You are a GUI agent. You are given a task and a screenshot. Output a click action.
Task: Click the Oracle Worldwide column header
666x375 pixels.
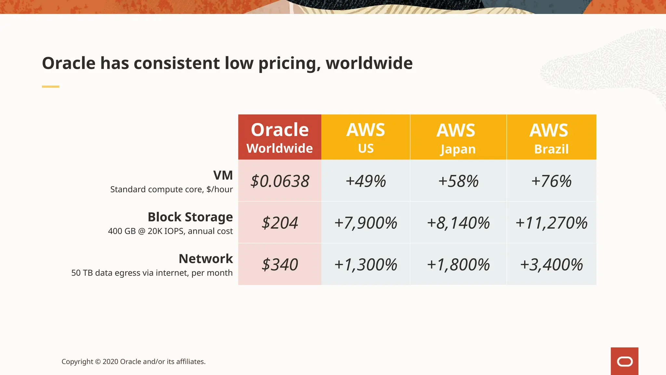280,137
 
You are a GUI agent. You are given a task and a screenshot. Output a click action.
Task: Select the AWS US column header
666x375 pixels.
366,137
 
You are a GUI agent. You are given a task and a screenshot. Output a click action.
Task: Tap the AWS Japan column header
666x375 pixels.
458,137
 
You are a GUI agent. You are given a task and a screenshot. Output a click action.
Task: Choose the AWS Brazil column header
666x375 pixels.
551,137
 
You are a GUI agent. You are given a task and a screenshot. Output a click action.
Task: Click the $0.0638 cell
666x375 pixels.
280,181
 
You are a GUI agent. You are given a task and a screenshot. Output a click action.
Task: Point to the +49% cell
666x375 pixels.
366,181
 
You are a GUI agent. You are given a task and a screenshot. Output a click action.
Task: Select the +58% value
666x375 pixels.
458,181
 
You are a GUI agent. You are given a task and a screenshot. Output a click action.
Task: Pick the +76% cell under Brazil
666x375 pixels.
551,181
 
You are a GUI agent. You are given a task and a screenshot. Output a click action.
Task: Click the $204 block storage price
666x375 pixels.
280,223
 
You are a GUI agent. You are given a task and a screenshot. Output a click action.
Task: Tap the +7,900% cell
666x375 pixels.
366,223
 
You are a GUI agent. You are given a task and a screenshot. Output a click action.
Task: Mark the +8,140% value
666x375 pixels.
458,223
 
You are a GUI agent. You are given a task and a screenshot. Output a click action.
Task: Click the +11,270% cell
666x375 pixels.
551,223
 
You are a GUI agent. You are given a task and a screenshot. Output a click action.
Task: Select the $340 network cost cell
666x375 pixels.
280,264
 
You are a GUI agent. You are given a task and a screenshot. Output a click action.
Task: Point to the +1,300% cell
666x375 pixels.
366,264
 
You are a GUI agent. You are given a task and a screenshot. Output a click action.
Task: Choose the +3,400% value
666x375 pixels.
551,264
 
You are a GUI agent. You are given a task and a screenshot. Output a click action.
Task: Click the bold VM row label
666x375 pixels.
223,175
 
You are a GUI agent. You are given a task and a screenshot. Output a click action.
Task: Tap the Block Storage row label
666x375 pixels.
190,217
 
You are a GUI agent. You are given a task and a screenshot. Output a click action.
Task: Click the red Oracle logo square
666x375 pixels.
624,361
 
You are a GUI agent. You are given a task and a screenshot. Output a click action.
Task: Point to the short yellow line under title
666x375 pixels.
50,87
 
